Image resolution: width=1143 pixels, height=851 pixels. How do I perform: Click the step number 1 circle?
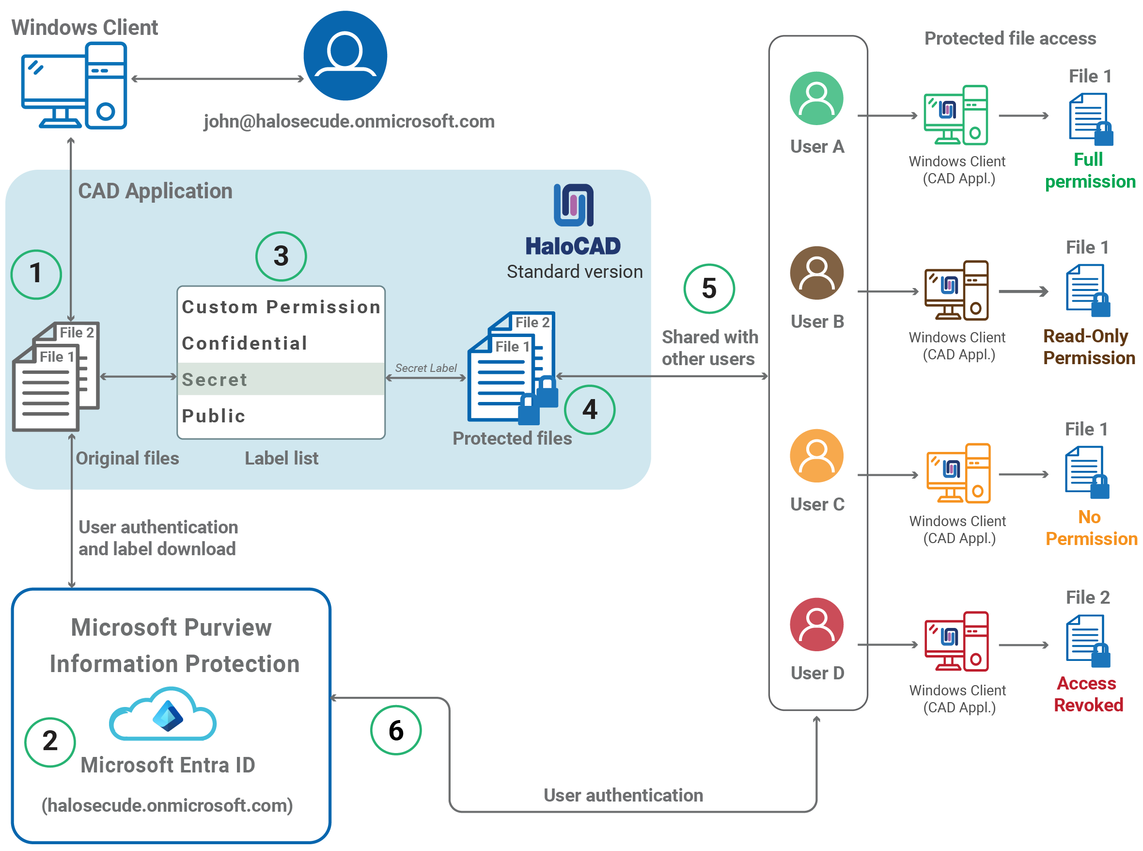pyautogui.click(x=36, y=274)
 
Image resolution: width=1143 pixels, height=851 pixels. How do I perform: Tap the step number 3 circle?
pyautogui.click(x=281, y=256)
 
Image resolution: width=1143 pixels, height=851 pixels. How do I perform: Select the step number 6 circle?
pyautogui.click(x=396, y=730)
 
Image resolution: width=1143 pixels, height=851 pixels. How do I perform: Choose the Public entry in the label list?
pyautogui.click(x=214, y=416)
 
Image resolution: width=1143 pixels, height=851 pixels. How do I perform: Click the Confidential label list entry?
pyautogui.click(x=245, y=343)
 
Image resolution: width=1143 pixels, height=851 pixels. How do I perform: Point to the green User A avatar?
pyautogui.click(x=816, y=98)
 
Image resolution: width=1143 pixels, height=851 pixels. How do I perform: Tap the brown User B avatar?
pyautogui.click(x=816, y=273)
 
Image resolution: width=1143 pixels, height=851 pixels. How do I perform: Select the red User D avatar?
pyautogui.click(x=816, y=624)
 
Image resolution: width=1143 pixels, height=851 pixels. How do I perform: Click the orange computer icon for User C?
pyautogui.click(x=958, y=473)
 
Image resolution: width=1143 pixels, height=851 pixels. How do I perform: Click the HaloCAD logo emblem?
pyautogui.click(x=573, y=205)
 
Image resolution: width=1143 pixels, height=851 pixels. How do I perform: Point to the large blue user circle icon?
pyautogui.click(x=345, y=56)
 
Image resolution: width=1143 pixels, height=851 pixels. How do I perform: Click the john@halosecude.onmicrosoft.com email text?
pyautogui.click(x=349, y=122)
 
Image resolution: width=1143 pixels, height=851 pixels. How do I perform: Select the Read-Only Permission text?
pyautogui.click(x=1088, y=347)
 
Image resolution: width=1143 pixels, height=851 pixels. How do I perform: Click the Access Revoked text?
pyautogui.click(x=1087, y=694)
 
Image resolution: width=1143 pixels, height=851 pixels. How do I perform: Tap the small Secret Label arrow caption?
pyautogui.click(x=425, y=368)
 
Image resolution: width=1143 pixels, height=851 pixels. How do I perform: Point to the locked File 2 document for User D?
pyautogui.click(x=1087, y=640)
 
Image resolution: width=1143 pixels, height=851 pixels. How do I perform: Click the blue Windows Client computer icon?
pyautogui.click(x=74, y=85)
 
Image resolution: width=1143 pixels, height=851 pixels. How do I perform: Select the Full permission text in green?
pyautogui.click(x=1090, y=171)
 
